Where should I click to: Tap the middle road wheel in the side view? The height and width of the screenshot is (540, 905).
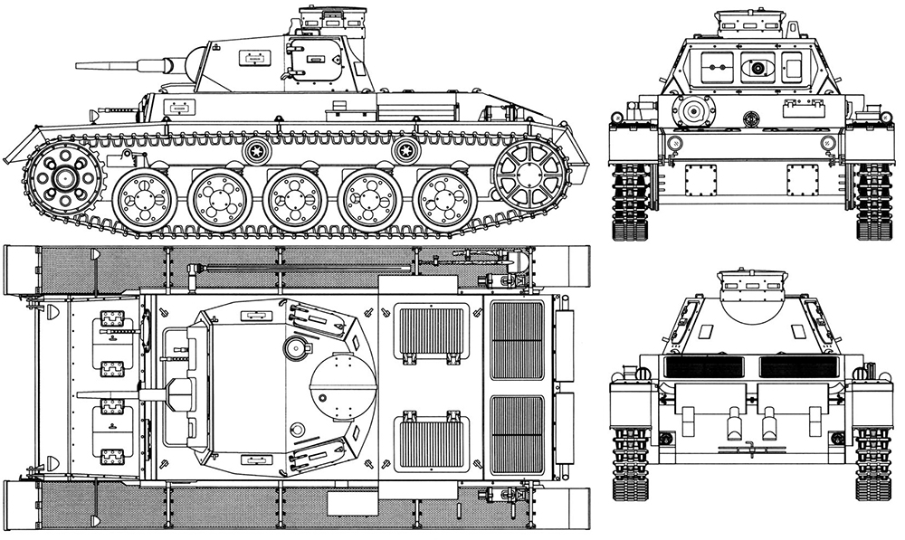[295, 198]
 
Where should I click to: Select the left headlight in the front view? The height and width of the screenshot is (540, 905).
[673, 144]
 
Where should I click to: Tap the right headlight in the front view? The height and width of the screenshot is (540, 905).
[827, 144]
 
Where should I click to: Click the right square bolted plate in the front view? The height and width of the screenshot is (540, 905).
[801, 180]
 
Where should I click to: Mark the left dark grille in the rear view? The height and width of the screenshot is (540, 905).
[703, 366]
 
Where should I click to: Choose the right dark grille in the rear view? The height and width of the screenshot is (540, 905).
[798, 366]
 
